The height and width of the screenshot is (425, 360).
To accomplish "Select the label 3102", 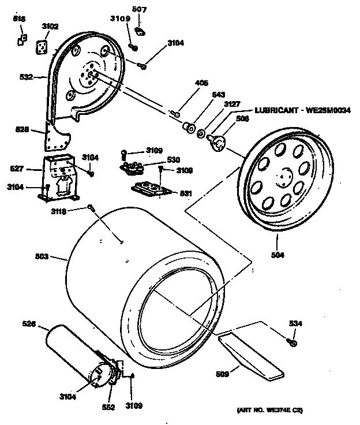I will [50, 26].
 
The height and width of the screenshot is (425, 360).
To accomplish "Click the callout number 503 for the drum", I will [42, 256].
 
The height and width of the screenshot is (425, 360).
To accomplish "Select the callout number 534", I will [295, 323].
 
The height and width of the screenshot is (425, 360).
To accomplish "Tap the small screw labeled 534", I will [292, 343].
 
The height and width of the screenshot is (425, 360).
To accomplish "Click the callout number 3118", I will [75, 212].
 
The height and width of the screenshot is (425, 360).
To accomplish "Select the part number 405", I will [201, 83].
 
